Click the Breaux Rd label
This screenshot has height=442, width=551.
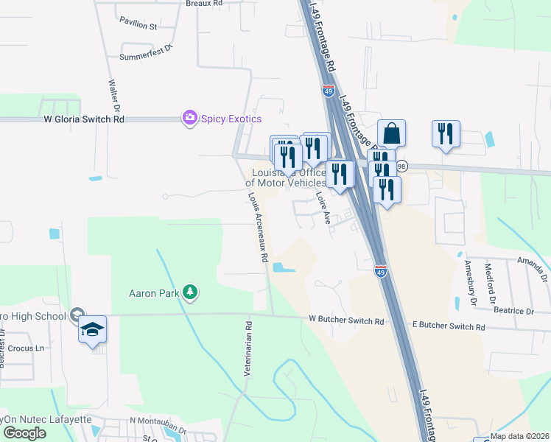point(204,4)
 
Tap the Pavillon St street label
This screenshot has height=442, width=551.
point(138,27)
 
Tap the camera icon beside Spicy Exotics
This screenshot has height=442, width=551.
point(189,118)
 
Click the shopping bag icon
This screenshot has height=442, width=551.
point(392,134)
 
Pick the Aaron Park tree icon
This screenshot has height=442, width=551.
point(190,292)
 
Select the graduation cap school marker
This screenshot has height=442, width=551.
point(92,329)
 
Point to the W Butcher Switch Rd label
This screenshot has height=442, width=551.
point(346,321)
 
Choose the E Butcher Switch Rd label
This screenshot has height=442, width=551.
point(448,326)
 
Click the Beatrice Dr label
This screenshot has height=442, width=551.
point(514,312)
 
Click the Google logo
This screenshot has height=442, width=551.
point(24,433)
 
